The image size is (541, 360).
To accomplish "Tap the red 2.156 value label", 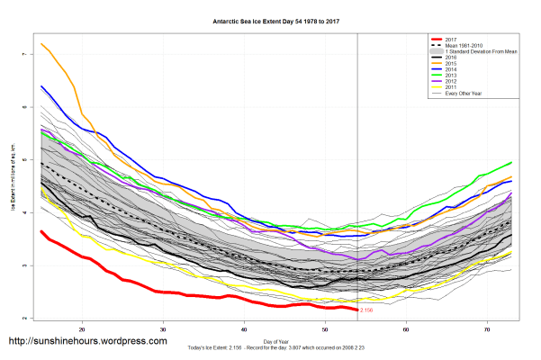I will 366,310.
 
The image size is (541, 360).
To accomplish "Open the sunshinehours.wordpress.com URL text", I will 87,342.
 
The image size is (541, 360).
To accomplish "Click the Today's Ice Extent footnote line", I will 270,347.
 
